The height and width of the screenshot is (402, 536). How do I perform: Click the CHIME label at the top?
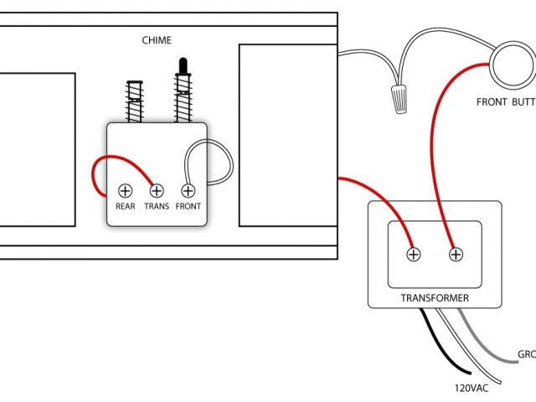click(157, 39)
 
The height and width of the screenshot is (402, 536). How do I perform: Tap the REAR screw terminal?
click(126, 190)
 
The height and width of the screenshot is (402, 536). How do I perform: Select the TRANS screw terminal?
click(156, 190)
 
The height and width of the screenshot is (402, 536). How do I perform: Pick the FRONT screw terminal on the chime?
click(188, 190)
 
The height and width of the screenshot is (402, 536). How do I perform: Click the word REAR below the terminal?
click(126, 206)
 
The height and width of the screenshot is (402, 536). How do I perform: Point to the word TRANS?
click(157, 206)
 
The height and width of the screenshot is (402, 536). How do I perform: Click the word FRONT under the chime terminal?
click(188, 206)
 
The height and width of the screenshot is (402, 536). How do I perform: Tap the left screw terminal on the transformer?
click(413, 254)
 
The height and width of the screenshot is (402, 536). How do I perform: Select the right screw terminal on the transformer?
click(456, 254)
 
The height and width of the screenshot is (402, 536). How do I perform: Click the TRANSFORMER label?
click(434, 298)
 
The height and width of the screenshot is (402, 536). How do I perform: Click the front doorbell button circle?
click(513, 67)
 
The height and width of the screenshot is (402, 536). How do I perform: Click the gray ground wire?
click(494, 355)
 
